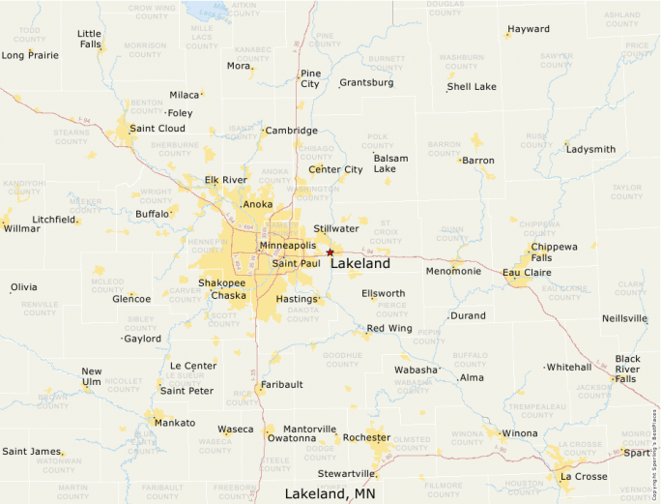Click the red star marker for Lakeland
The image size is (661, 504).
point(330,252)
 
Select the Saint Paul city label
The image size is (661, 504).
point(296,263)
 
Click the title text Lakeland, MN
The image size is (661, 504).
point(330,493)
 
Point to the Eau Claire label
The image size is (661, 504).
point(527,274)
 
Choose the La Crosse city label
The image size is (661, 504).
point(583,477)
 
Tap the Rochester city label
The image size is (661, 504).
point(366,437)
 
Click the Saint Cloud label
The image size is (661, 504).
point(158,129)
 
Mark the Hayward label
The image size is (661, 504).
point(529,29)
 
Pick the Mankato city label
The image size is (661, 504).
point(174,423)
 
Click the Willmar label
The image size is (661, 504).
point(22,229)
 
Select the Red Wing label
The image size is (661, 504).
point(389,329)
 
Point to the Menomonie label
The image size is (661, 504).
point(453,271)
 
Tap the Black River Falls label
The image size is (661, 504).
point(627,369)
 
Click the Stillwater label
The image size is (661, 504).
point(336,229)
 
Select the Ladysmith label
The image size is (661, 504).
point(590,150)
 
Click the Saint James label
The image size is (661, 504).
point(31,451)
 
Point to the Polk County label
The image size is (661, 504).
point(377,141)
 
